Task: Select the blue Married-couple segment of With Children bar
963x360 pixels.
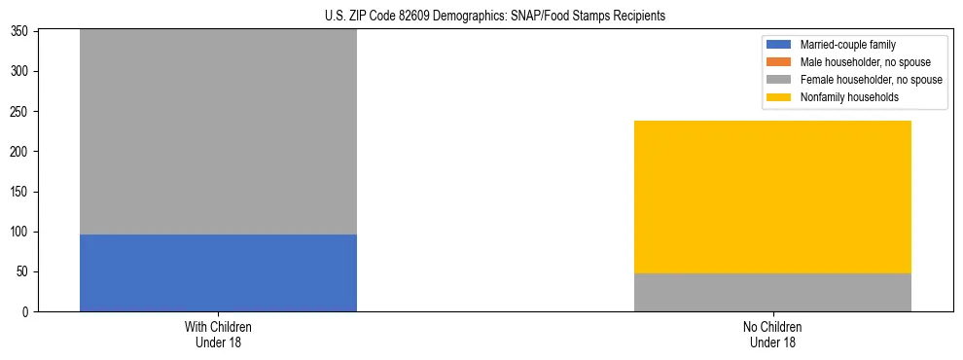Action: click(218, 272)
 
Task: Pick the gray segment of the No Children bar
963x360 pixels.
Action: click(772, 292)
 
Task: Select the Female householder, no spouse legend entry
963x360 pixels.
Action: click(871, 80)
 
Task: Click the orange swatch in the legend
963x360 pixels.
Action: click(780, 62)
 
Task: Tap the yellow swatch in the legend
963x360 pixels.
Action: click(780, 97)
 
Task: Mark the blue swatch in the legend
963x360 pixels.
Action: click(780, 45)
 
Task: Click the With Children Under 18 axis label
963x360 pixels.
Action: click(218, 334)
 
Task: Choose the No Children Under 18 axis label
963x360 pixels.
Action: click(772, 334)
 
